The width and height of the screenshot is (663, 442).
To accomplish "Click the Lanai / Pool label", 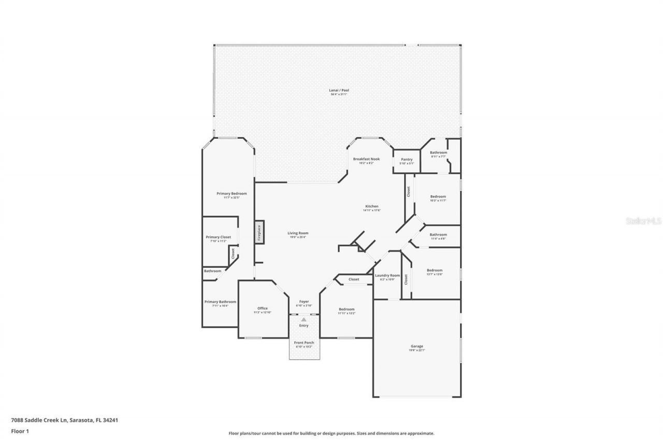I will (339, 90).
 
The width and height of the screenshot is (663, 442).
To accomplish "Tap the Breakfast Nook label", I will (366, 159).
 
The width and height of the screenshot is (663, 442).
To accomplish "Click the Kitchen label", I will (371, 206).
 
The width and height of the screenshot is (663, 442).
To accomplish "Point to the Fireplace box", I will (259, 232).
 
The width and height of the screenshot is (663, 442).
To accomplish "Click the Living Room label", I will (298, 233).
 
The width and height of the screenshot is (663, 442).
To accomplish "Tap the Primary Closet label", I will (218, 237).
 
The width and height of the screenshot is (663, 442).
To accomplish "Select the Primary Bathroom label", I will (220, 302).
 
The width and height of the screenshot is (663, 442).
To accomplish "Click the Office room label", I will (263, 308).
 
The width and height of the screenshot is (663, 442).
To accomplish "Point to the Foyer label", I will (304, 302).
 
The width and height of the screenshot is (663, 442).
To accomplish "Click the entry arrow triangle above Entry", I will (304, 320).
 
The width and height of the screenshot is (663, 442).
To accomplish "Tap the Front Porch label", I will (304, 343).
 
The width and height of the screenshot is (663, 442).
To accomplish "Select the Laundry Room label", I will (387, 275).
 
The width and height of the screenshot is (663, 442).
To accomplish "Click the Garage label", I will (417, 347).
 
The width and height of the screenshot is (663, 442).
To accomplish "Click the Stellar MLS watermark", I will (643, 221).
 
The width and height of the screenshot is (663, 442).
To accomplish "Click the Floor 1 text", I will (20, 431).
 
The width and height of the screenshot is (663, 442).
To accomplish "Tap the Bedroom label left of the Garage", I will (346, 309).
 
